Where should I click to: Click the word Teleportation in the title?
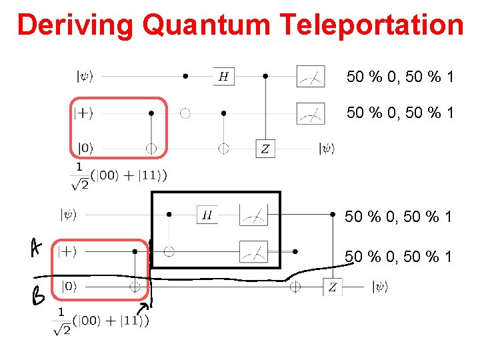372,25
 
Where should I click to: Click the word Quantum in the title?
208,25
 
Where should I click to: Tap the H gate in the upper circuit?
223,77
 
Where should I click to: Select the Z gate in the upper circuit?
265,149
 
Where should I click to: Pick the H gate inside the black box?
207,215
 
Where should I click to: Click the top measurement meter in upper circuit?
311,77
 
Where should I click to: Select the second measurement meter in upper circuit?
311,113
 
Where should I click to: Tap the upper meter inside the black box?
253,215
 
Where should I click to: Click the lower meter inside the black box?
253,251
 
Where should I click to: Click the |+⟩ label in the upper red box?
85,113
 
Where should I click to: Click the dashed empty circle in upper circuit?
185,113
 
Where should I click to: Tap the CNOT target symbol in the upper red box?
151,149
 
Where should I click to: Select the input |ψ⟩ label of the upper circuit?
85,77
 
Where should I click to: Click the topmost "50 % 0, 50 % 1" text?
400,77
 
